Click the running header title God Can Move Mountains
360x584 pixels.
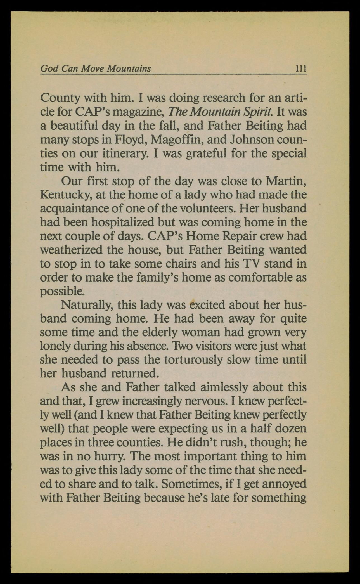pyautogui.click(x=96, y=68)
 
